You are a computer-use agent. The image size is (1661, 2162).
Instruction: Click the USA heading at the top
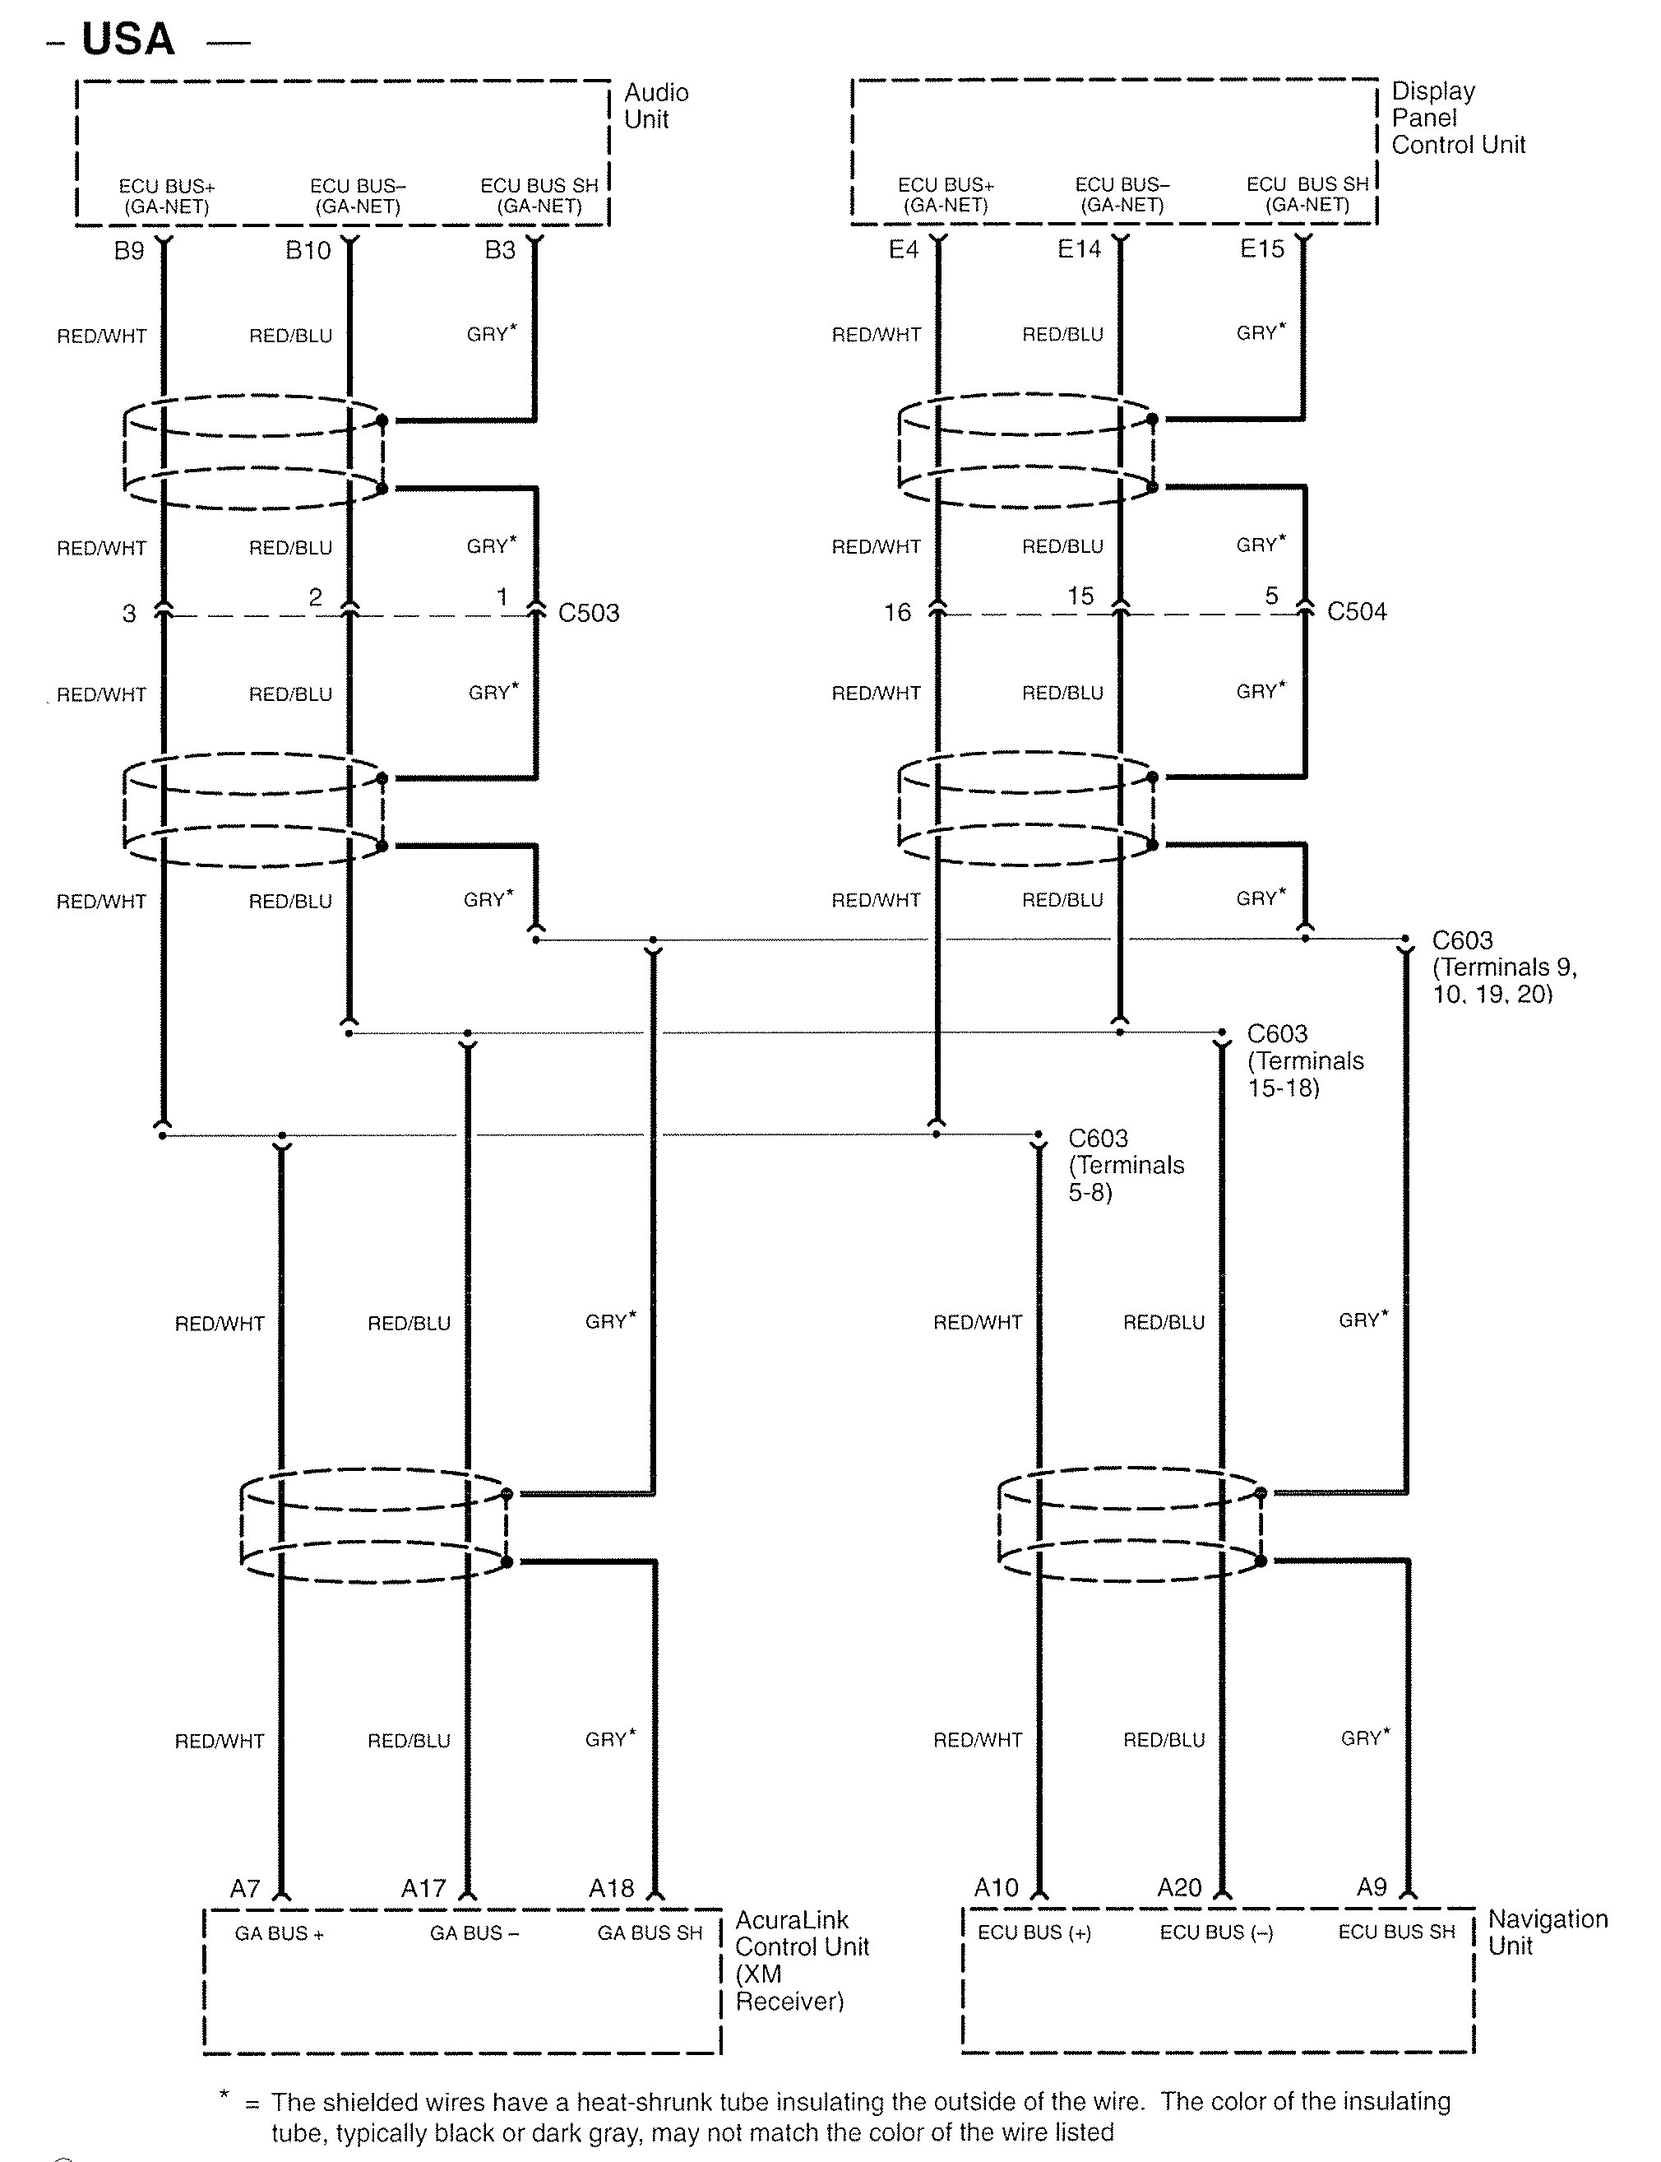coord(128,40)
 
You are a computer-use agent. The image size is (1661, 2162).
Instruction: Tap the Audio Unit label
coord(655,106)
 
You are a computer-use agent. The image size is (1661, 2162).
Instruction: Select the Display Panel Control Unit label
coord(1457,118)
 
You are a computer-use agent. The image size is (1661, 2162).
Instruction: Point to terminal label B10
coord(308,251)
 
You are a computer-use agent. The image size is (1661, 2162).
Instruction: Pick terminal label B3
coord(500,250)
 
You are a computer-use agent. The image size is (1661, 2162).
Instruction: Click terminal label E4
coord(904,250)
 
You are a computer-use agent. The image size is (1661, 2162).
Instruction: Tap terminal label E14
coord(1079,249)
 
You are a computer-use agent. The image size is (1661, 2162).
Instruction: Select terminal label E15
coord(1262,249)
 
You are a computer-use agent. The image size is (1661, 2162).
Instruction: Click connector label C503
coord(588,613)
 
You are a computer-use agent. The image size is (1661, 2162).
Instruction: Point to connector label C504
coord(1357,612)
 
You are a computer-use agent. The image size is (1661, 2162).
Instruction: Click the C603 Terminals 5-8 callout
coord(1125,1165)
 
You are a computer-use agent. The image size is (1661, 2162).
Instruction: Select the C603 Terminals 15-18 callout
coord(1304,1061)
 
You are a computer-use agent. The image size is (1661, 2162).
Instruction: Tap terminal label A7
coord(245,1889)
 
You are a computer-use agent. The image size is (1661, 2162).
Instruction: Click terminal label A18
coord(611,1888)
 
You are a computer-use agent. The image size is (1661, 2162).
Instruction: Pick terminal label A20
coord(1179,1888)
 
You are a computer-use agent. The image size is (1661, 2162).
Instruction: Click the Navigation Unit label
coord(1548,1932)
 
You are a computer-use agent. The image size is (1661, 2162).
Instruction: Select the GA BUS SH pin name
coord(650,1932)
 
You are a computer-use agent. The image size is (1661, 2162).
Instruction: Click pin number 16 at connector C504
coord(897,613)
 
